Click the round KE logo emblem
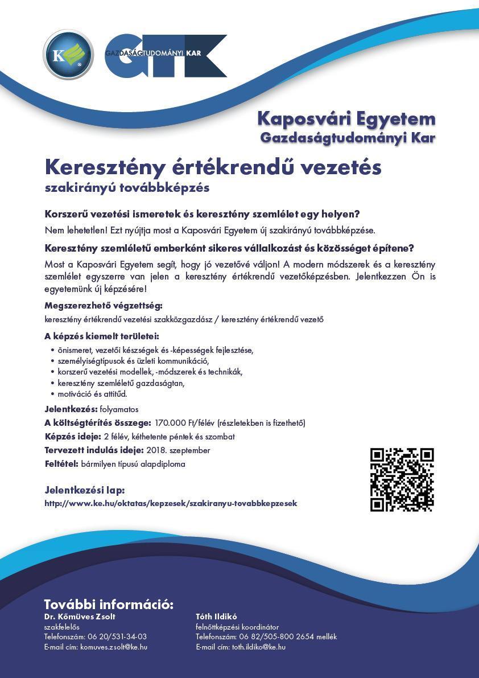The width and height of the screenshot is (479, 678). tap(68, 55)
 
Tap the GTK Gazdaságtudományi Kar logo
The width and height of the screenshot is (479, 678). tap(166, 56)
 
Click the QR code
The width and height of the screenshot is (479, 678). tap(402, 479)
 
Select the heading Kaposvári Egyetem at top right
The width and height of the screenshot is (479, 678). tap(346, 119)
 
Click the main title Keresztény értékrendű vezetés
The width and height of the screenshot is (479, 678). tap(213, 167)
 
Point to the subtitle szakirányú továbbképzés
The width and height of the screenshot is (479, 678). tap(127, 187)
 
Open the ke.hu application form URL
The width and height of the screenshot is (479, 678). tap(171, 503)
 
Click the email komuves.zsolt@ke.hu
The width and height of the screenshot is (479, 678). tap(114, 647)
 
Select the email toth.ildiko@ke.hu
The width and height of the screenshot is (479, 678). tap(258, 647)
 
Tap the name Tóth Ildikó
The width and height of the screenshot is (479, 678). tap(216, 617)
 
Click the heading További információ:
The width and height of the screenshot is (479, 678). tap(109, 605)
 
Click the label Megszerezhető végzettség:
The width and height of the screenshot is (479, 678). tap(104, 306)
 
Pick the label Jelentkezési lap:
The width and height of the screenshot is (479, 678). tap(84, 490)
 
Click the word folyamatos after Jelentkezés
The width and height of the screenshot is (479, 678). tap(119, 409)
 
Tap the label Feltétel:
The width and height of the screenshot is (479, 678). tap(61, 464)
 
